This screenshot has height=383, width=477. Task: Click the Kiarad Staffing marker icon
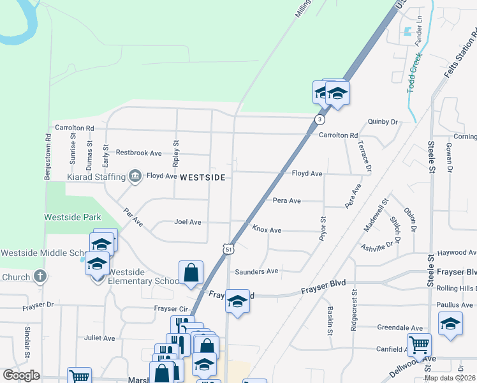click(135, 176)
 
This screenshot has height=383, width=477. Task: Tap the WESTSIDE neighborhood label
click(203, 177)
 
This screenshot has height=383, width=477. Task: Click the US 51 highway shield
click(228, 248)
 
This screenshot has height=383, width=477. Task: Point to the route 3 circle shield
click(319, 119)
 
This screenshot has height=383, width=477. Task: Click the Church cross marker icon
click(40, 276)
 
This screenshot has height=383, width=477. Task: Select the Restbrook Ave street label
click(139, 153)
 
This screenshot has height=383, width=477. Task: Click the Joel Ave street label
click(187, 222)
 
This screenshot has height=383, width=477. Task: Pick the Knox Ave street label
click(267, 229)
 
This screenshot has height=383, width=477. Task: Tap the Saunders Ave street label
click(256, 271)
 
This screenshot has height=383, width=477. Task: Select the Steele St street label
click(432, 159)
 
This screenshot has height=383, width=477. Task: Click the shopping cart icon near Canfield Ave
click(419, 345)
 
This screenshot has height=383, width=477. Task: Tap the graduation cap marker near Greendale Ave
click(450, 323)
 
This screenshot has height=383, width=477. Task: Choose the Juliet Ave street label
click(99, 338)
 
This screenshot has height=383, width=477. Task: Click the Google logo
click(21, 375)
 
